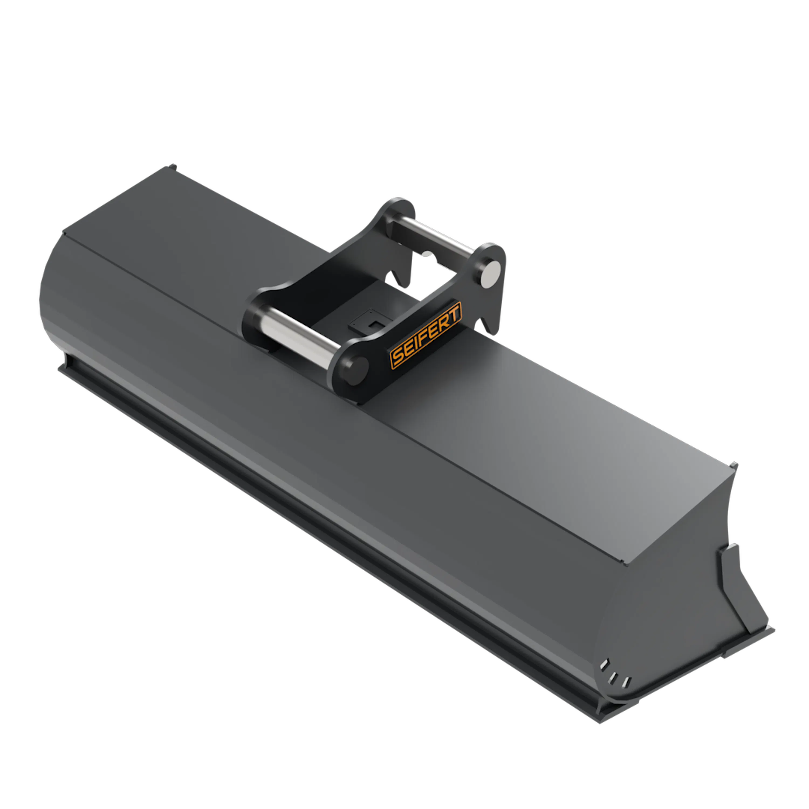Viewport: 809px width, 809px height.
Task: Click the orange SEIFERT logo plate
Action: pos(426,335)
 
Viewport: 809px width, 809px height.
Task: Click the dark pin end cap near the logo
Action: pos(355,370)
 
